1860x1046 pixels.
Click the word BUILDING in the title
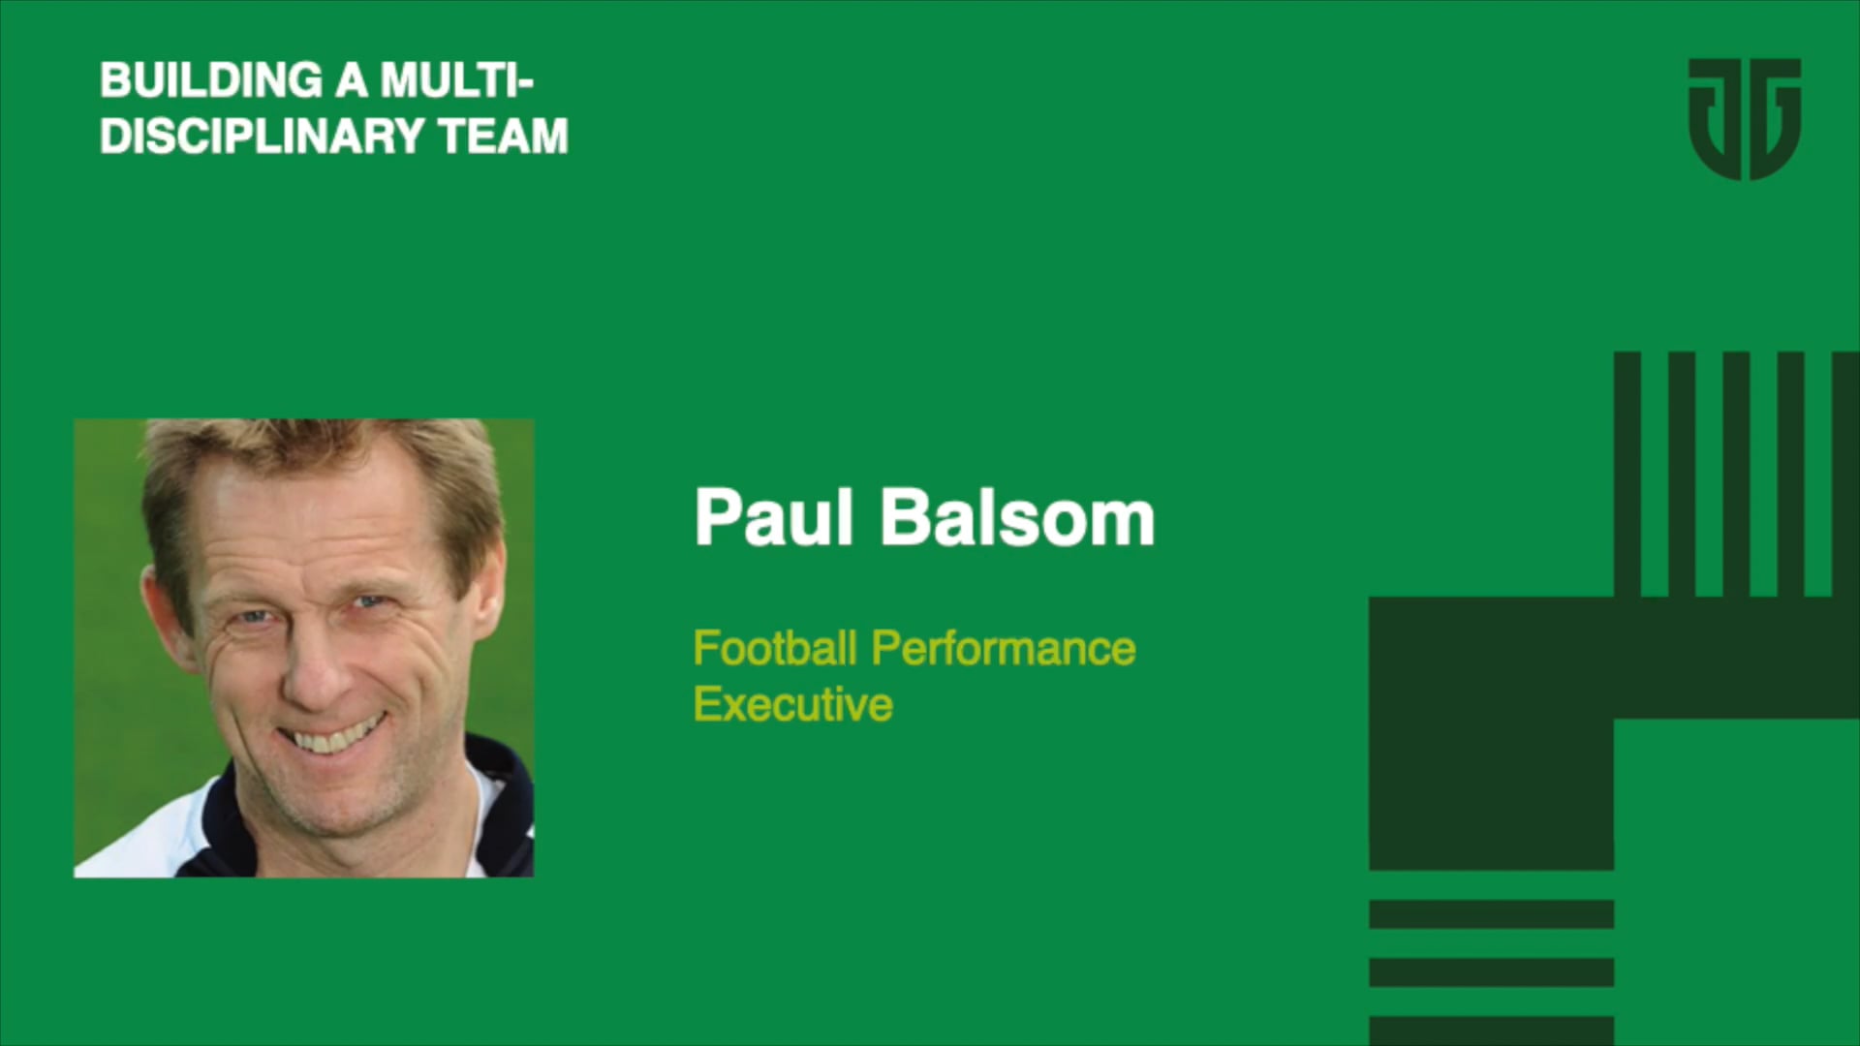[211, 80]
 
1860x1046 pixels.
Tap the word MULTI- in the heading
[456, 80]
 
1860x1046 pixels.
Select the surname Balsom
[1017, 518]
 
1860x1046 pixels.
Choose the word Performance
[1004, 648]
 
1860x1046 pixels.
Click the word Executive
[792, 704]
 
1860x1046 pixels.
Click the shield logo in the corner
[1744, 118]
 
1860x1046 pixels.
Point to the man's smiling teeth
[334, 736]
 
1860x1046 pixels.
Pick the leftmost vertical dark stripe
[1627, 475]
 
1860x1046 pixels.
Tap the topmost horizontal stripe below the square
[1491, 913]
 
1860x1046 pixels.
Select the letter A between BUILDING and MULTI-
[352, 80]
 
